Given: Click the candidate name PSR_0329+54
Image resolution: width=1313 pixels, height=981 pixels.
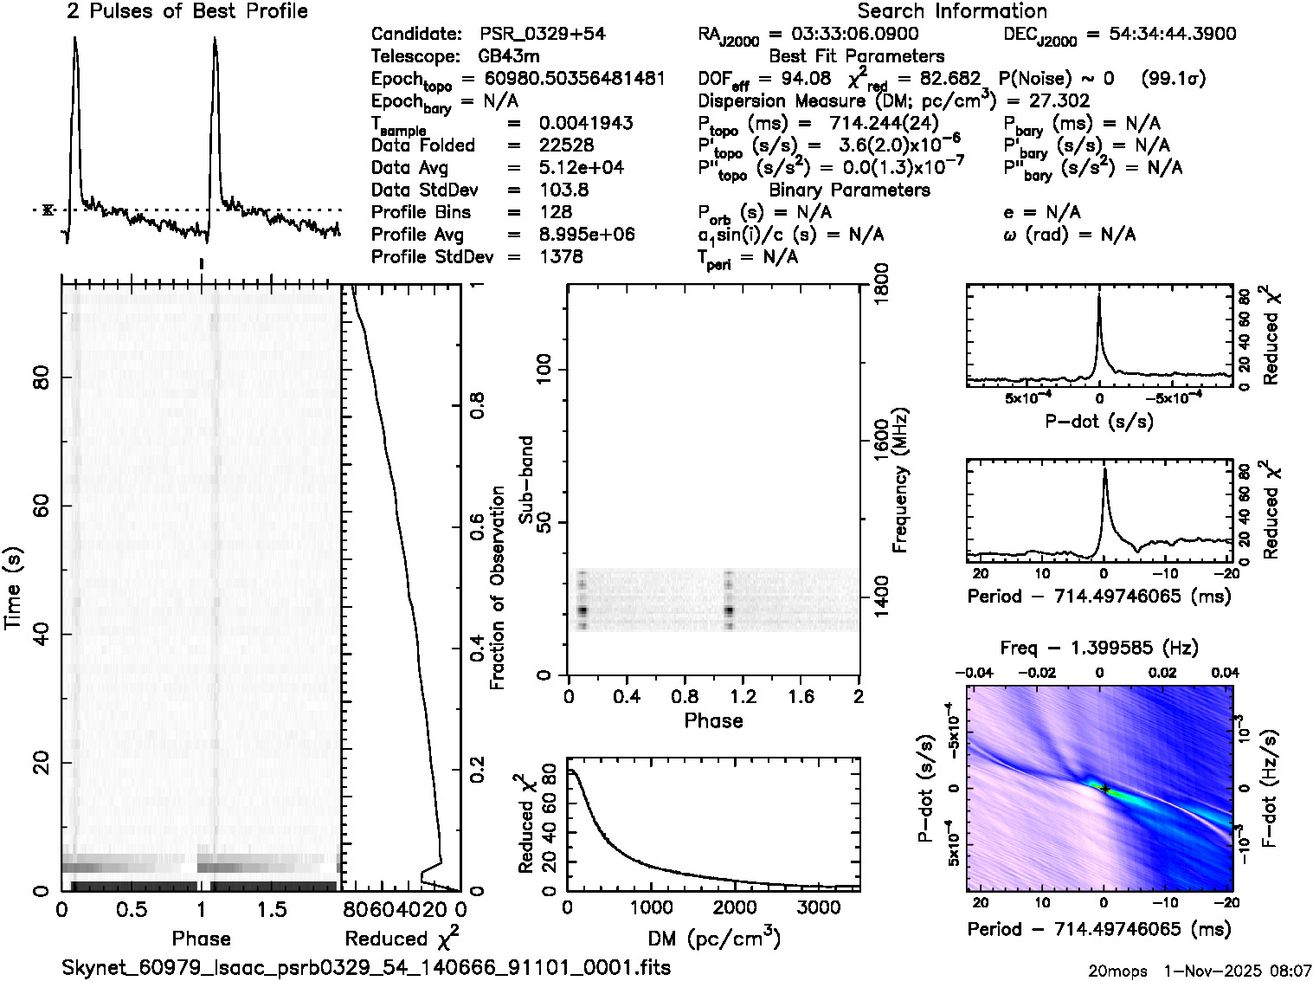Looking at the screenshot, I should (x=543, y=35).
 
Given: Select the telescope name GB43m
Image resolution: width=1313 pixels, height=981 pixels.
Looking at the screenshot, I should (x=509, y=57).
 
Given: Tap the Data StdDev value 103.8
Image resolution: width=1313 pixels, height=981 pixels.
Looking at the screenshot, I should (x=567, y=190).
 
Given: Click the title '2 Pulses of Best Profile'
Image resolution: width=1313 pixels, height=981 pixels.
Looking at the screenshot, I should (x=187, y=11).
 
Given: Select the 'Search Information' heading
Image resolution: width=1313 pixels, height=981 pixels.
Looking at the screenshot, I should (x=952, y=11).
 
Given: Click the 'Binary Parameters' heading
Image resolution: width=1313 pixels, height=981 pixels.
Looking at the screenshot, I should (x=849, y=190).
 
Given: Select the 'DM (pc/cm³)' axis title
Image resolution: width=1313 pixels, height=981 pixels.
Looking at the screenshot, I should (x=714, y=938).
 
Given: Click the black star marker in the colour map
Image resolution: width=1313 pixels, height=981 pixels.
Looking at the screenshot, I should (x=1105, y=789).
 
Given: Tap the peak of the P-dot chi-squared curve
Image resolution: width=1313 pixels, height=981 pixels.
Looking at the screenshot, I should (x=1099, y=296).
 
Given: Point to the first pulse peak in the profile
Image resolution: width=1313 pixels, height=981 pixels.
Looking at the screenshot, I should (x=75, y=39).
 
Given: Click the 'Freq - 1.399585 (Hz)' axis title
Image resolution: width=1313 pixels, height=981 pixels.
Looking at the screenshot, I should (x=1099, y=648).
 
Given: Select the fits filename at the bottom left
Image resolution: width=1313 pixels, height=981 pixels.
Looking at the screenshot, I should (x=366, y=967).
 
